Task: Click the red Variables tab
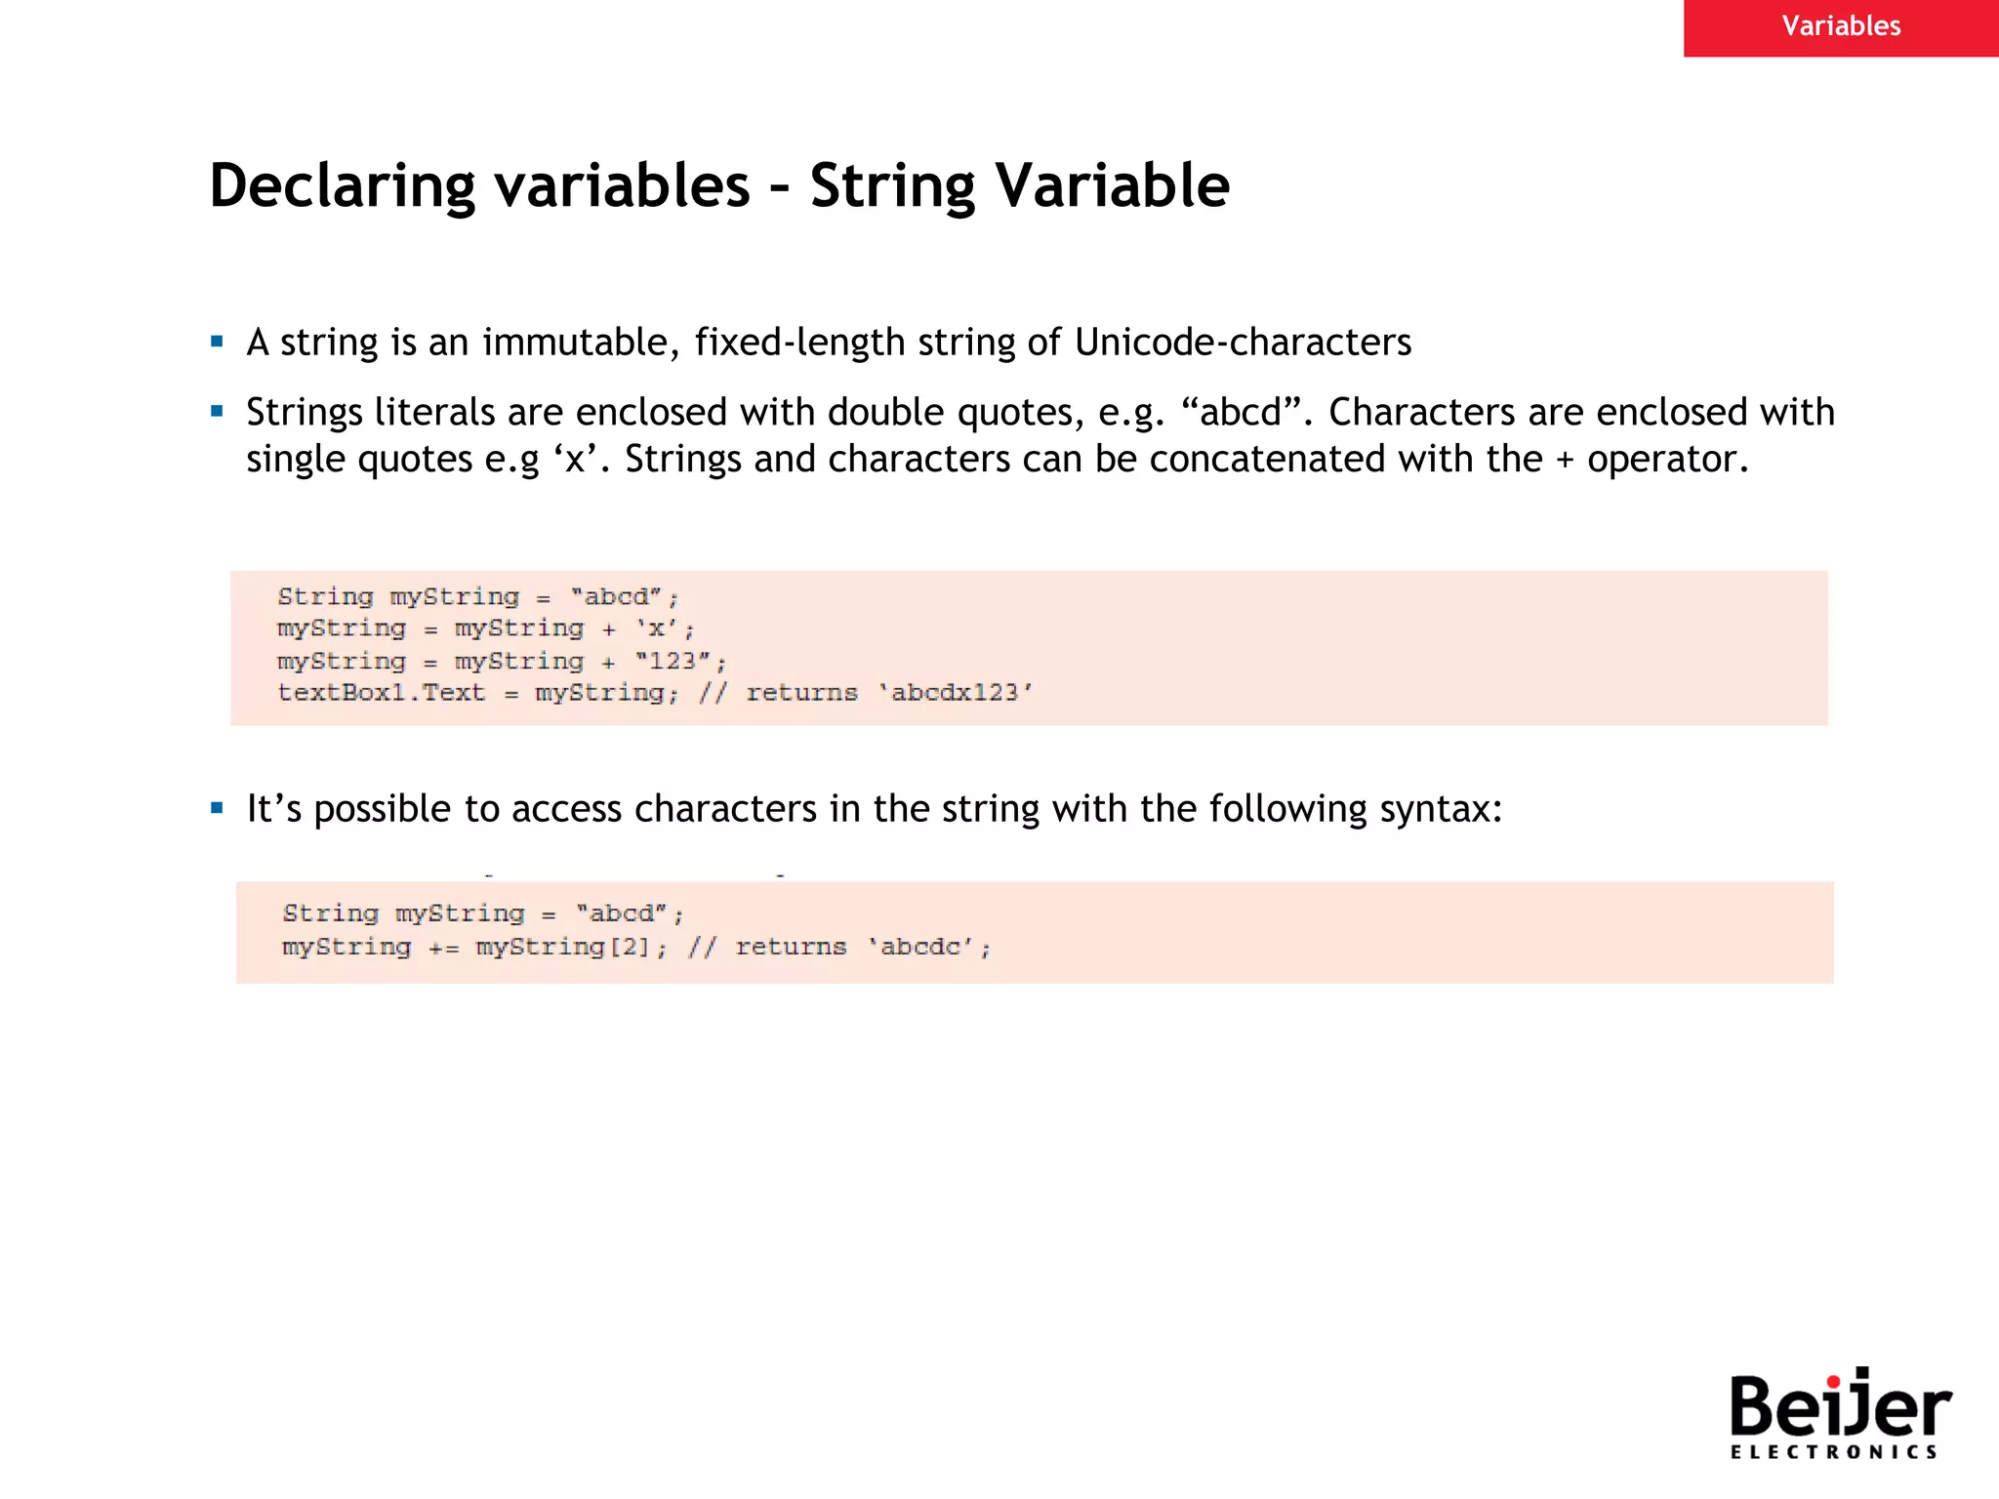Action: click(x=1841, y=26)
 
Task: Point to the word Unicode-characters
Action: click(x=1243, y=343)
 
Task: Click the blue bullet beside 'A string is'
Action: click(x=217, y=343)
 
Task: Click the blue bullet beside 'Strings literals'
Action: click(x=217, y=412)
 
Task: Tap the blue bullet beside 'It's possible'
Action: click(x=217, y=808)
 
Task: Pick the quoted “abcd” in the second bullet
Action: click(x=1241, y=413)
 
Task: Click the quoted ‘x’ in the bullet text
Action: click(x=575, y=460)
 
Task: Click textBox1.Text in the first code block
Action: click(x=381, y=693)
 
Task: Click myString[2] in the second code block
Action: click(x=563, y=947)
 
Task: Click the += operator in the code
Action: click(x=444, y=948)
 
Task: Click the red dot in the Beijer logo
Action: click(x=1834, y=1380)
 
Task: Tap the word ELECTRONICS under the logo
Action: click(x=1834, y=1452)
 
